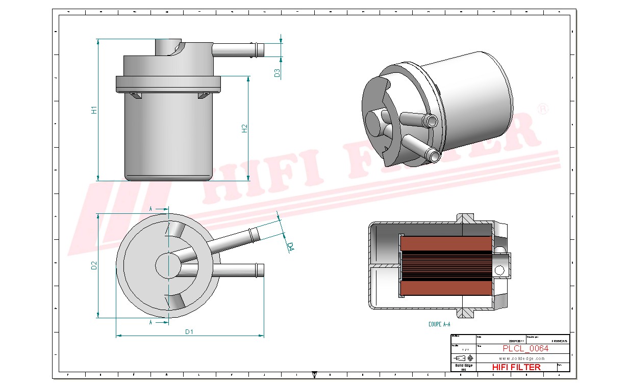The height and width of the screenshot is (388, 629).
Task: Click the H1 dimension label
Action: coord(94,110)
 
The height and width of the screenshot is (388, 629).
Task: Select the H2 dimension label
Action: coord(244,128)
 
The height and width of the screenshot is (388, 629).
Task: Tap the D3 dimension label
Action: coord(277,73)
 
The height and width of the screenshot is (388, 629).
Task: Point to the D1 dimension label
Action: coord(189,332)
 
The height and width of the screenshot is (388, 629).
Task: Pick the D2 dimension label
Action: coord(94,265)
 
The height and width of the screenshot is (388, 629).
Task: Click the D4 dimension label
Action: coord(290,247)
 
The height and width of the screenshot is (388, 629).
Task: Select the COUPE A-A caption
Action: coord(439,324)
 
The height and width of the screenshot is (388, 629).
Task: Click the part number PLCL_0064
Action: coord(525,349)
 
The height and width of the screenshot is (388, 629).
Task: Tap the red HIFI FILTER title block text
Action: coord(516,367)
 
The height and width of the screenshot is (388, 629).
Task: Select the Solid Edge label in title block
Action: coord(463,366)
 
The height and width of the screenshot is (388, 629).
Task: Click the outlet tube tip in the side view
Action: coord(260,50)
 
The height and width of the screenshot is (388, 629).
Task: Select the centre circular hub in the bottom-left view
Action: coord(168,265)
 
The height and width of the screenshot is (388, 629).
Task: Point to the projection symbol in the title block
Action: coord(463,357)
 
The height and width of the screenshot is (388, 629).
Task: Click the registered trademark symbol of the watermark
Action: coord(544,109)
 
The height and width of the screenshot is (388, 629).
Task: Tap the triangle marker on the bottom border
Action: coord(314,375)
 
